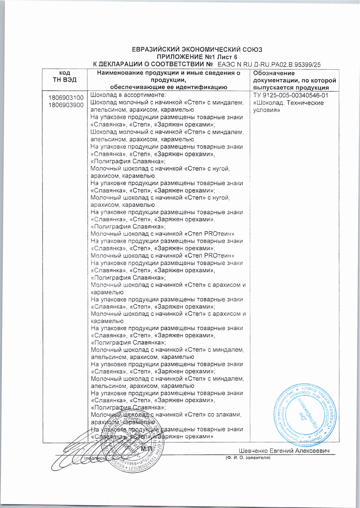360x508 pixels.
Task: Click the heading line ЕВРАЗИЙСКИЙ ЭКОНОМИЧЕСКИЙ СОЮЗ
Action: click(x=197, y=49)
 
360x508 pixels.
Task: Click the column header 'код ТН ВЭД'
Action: click(x=65, y=77)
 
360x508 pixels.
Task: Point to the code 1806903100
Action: click(x=66, y=98)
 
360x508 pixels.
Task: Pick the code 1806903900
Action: click(x=66, y=105)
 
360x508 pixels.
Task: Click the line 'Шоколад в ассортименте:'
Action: click(x=128, y=95)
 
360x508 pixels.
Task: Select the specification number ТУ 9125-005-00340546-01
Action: click(x=290, y=96)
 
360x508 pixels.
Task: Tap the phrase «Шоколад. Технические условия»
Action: click(x=288, y=107)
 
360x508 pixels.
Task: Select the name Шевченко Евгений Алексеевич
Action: click(x=284, y=451)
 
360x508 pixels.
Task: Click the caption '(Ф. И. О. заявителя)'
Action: click(x=248, y=458)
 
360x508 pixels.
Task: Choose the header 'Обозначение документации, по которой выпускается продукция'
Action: click(x=294, y=80)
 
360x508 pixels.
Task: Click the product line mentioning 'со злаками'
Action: click(x=166, y=415)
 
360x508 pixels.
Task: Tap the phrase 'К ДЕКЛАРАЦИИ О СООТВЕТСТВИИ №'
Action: click(x=153, y=64)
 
